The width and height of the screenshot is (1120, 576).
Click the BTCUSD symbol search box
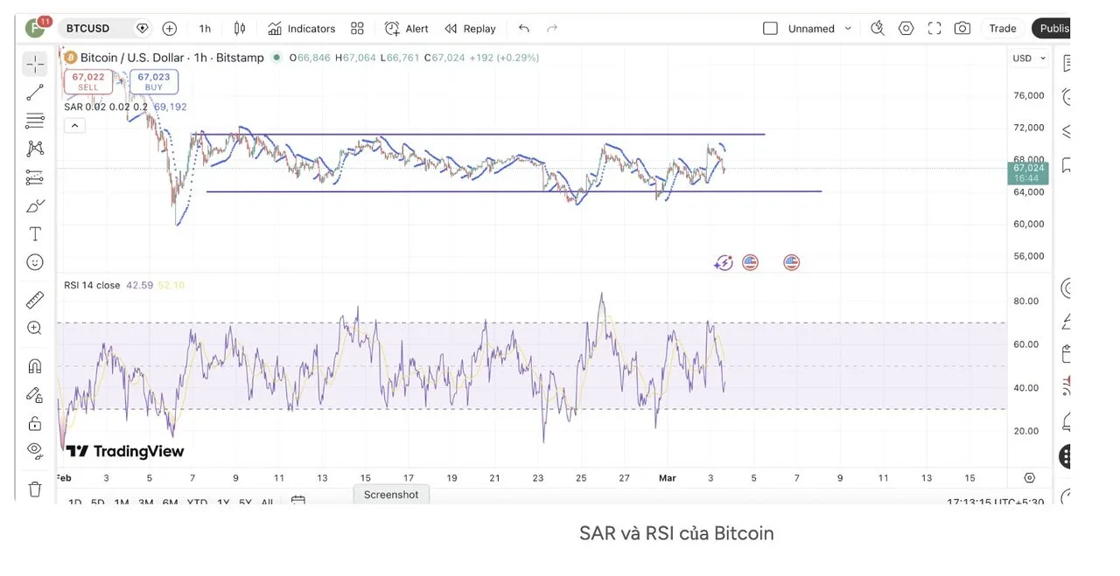coord(96,28)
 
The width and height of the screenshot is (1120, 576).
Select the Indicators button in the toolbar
coord(301,28)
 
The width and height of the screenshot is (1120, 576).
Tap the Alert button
coord(407,28)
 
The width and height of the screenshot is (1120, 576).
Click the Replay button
coord(470,28)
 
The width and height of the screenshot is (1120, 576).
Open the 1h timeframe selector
coord(205,28)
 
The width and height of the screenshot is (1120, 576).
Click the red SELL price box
coord(88,81)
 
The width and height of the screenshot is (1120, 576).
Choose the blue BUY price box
coord(154,81)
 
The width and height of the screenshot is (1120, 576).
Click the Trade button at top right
coord(1002,28)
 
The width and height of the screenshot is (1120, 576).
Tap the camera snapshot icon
coord(962,28)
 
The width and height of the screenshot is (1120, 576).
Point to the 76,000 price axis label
coord(1028,95)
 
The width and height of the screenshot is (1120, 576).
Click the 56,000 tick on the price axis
coord(1028,256)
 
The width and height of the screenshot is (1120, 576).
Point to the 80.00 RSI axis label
coord(1025,302)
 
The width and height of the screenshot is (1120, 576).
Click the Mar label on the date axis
coord(668,478)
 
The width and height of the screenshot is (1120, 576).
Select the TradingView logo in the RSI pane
coord(125,451)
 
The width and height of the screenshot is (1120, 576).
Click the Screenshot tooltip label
coord(391,495)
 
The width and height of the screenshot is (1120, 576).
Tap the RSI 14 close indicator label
coord(92,285)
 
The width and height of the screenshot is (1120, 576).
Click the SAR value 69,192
coord(171,107)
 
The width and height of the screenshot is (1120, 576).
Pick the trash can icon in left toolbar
coord(35,489)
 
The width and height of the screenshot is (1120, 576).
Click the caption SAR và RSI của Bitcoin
coord(676,533)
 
